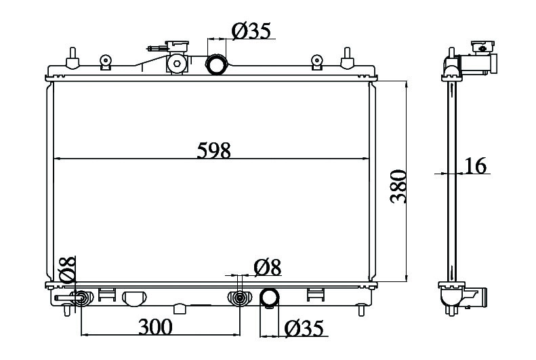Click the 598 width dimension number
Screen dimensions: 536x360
(213, 151)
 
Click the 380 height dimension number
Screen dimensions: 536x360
(398, 186)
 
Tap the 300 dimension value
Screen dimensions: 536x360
(155, 327)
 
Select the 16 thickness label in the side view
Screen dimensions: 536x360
(475, 166)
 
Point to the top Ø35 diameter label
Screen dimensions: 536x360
(251, 31)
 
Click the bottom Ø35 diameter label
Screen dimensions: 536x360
(304, 329)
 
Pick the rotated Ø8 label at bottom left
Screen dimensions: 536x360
(67, 269)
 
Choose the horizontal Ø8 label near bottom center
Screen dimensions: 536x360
(268, 267)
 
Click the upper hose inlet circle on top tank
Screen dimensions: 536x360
(216, 64)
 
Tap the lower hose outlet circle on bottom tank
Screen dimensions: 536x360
(270, 298)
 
